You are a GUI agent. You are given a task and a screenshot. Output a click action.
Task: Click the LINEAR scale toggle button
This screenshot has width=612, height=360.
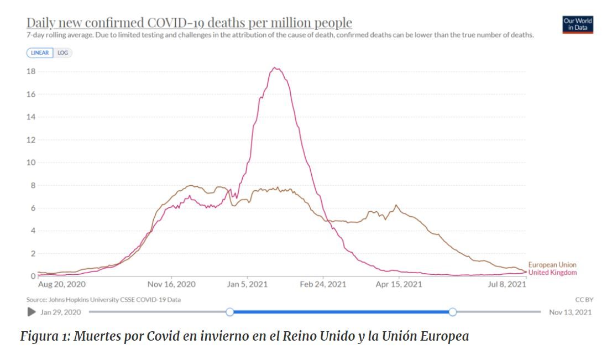tap(40, 53)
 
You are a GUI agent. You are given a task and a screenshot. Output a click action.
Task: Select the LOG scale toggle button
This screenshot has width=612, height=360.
tap(62, 53)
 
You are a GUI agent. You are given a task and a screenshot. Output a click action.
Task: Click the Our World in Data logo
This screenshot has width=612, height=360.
tap(577, 25)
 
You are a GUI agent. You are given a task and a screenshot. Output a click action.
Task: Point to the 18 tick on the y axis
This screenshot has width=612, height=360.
tap(32, 71)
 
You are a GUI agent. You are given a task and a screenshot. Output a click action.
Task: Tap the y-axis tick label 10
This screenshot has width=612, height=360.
tap(32, 163)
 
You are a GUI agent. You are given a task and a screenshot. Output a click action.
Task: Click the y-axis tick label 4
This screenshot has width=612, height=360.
tap(33, 231)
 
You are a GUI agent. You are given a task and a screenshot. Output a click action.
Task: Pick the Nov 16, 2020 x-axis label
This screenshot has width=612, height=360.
tap(172, 285)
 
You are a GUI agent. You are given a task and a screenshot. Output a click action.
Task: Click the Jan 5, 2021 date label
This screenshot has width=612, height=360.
tap(247, 285)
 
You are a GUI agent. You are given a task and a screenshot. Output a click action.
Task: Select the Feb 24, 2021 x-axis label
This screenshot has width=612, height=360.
tap(323, 285)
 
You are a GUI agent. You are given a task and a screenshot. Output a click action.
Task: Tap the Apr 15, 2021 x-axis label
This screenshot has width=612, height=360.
tap(399, 285)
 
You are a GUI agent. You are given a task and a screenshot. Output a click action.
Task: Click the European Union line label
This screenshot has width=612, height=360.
tap(552, 265)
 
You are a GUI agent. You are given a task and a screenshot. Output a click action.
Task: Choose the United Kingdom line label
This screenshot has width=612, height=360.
tap(552, 273)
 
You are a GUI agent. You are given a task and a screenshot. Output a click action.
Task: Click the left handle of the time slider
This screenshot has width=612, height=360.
tap(230, 312)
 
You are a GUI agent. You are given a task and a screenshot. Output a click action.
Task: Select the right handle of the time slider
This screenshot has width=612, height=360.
tap(453, 312)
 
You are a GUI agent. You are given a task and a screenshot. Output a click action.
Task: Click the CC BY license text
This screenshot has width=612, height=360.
tap(584, 300)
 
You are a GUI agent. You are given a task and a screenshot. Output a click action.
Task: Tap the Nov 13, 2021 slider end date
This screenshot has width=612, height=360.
tap(570, 312)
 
